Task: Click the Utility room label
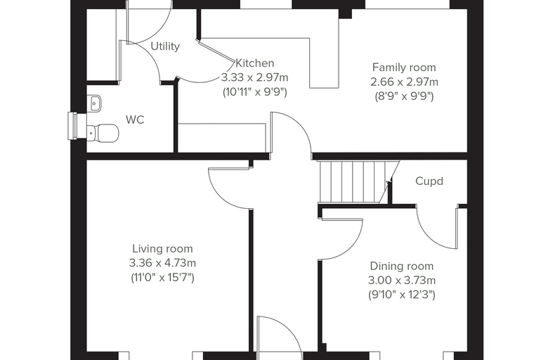[x=165, y=46]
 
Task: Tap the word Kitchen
[x=255, y=63]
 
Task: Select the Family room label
[x=404, y=67]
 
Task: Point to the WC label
[x=135, y=120]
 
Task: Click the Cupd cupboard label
[x=429, y=181]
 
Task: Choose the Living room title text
[x=162, y=249]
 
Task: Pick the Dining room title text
[x=402, y=266]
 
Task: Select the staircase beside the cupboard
[x=358, y=182]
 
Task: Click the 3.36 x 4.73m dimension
[x=162, y=263]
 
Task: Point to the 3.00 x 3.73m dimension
[x=402, y=281]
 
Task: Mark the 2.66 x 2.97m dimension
[x=404, y=82]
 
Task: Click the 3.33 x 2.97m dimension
[x=255, y=77]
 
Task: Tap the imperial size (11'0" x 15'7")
[x=162, y=278]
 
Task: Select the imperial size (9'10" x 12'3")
[x=402, y=295]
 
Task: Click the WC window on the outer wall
[x=73, y=126]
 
